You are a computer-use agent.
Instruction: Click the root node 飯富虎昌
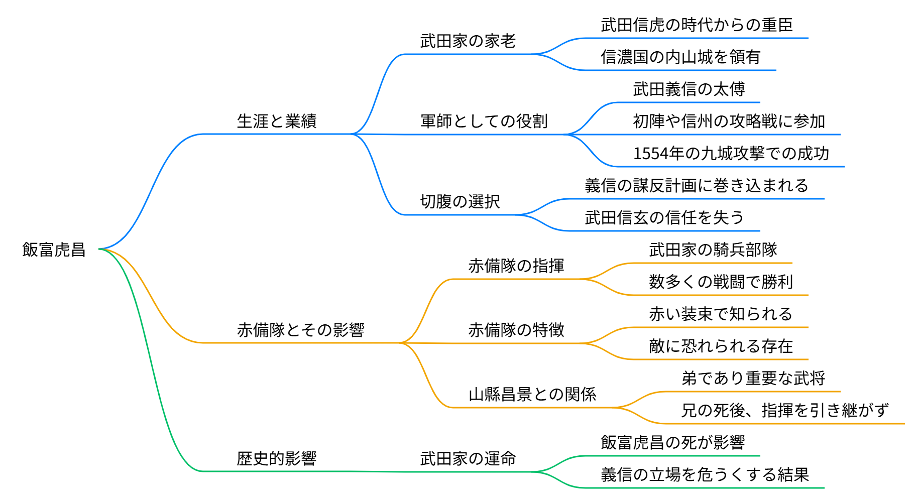[x=54, y=250]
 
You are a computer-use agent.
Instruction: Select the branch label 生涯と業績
[x=277, y=121]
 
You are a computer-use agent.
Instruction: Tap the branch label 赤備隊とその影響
[x=300, y=330]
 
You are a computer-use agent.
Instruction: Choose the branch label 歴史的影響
[x=277, y=458]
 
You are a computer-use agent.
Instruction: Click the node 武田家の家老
[x=468, y=41]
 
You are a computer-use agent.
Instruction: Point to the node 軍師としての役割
[x=484, y=121]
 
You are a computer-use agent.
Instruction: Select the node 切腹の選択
[x=460, y=201]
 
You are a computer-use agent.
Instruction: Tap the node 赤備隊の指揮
[x=516, y=266]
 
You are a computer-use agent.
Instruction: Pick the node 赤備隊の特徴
[x=516, y=330]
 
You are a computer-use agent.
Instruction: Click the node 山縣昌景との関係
[x=532, y=394]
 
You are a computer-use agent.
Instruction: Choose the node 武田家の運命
[x=468, y=458]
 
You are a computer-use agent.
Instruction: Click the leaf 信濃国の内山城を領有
[x=680, y=57]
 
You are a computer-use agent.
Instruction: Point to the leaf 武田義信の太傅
[x=689, y=89]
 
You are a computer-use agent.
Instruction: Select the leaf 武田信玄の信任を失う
[x=664, y=217]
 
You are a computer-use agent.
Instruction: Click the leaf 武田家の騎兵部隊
[x=713, y=250]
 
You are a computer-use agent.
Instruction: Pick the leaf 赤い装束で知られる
[x=720, y=314]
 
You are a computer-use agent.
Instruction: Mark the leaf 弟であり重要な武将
[x=753, y=378]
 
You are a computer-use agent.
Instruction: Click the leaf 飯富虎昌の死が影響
[x=672, y=442]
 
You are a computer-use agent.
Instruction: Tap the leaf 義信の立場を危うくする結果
[x=705, y=474]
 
